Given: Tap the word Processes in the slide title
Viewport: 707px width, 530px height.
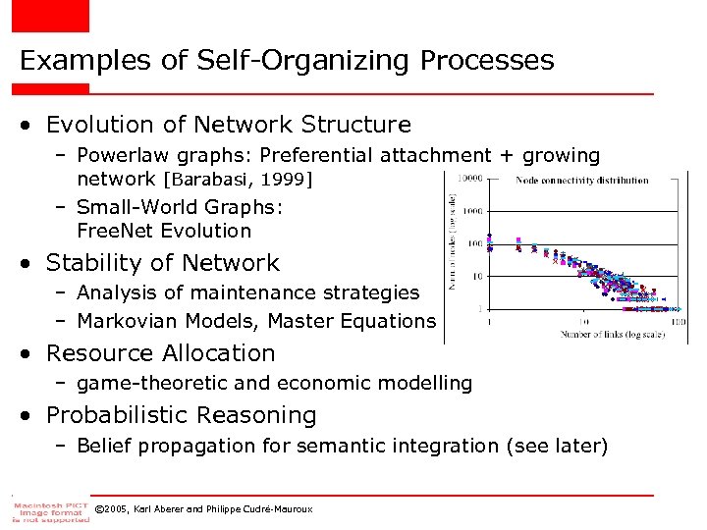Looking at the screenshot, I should [487, 61].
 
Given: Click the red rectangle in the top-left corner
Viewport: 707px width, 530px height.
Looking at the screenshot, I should [50, 16].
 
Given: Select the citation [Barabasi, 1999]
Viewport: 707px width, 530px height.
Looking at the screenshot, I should [238, 180].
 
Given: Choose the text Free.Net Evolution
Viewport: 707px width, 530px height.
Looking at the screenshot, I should [164, 232].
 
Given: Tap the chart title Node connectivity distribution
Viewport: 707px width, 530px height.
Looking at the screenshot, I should [581, 180].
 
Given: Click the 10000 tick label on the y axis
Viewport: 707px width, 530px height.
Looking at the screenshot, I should [471, 178].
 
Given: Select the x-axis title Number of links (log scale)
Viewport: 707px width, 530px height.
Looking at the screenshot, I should [585, 336].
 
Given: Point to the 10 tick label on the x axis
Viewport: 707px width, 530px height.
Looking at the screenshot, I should [583, 322].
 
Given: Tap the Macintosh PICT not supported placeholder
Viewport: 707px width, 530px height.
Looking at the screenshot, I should [50, 510].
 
